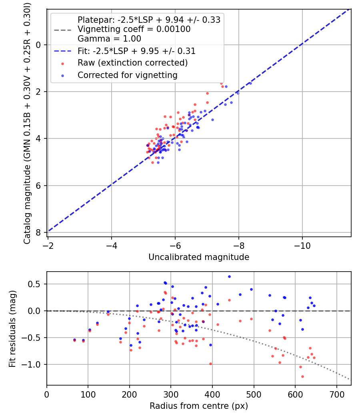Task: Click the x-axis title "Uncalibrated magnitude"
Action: tap(199, 257)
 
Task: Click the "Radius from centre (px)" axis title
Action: tap(199, 406)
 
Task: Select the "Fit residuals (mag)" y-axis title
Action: tap(13, 328)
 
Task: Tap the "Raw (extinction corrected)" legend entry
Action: tap(132, 63)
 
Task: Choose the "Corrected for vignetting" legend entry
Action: tap(128, 75)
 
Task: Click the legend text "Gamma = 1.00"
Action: tap(109, 39)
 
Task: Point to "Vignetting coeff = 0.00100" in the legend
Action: tap(134, 29)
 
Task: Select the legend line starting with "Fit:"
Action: tap(136, 51)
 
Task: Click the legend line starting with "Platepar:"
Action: tap(149, 20)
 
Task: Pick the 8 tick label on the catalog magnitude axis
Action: tap(39, 232)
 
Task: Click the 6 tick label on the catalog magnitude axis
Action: tap(39, 186)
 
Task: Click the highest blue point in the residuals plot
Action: tap(229, 276)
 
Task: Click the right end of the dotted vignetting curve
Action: tap(350, 379)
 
